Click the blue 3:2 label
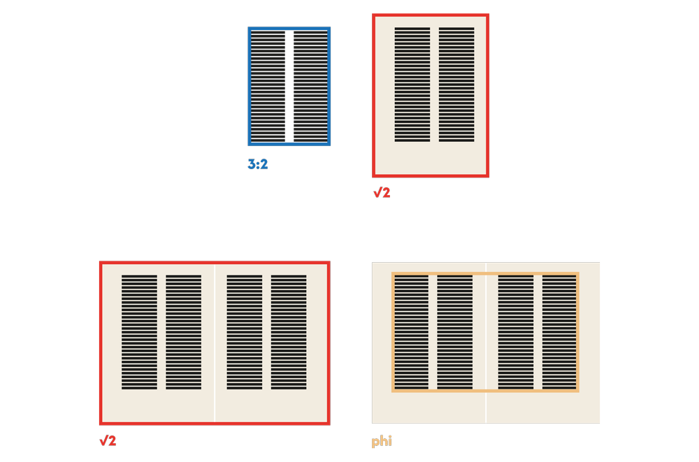pyautogui.click(x=258, y=165)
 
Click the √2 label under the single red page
pyautogui.click(x=382, y=193)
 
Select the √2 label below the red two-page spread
pyautogui.click(x=108, y=441)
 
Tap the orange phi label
pyautogui.click(x=382, y=441)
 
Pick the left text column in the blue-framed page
pyautogui.click(x=268, y=87)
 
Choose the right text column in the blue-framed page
pyautogui.click(x=310, y=87)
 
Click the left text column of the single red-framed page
pyautogui.click(x=412, y=85)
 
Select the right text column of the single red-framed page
pyautogui.click(x=456, y=85)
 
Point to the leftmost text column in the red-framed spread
pyautogui.click(x=139, y=332)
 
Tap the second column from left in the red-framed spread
pyautogui.click(x=183, y=332)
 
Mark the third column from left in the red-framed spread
pyautogui.click(x=244, y=332)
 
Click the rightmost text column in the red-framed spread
pyautogui.click(x=289, y=332)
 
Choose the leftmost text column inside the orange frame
pyautogui.click(x=411, y=332)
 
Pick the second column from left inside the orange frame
pyautogui.click(x=455, y=332)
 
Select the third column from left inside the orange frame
pyautogui.click(x=516, y=332)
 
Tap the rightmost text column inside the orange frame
pyautogui.click(x=559, y=332)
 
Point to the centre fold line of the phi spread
pyautogui.click(x=486, y=409)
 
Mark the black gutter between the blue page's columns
pyautogui.click(x=289, y=87)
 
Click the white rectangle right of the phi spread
pyautogui.click(x=649, y=342)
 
